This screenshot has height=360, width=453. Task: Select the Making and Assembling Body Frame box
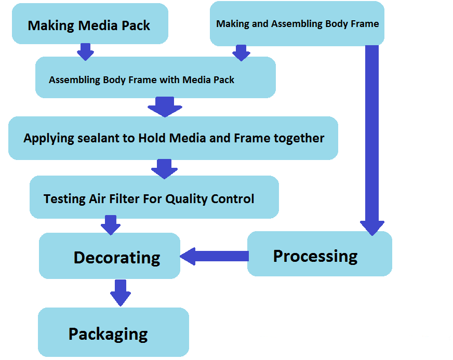point(297,23)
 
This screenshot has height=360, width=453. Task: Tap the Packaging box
point(113,332)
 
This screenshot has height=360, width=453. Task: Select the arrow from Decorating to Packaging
point(120,292)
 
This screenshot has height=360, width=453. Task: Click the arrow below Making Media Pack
point(85,51)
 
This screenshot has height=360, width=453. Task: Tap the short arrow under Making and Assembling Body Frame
point(241,52)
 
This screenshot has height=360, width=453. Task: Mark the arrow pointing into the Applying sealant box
point(165,106)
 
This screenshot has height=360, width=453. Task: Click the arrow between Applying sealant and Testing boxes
point(165,168)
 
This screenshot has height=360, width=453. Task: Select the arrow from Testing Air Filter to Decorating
point(110,224)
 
